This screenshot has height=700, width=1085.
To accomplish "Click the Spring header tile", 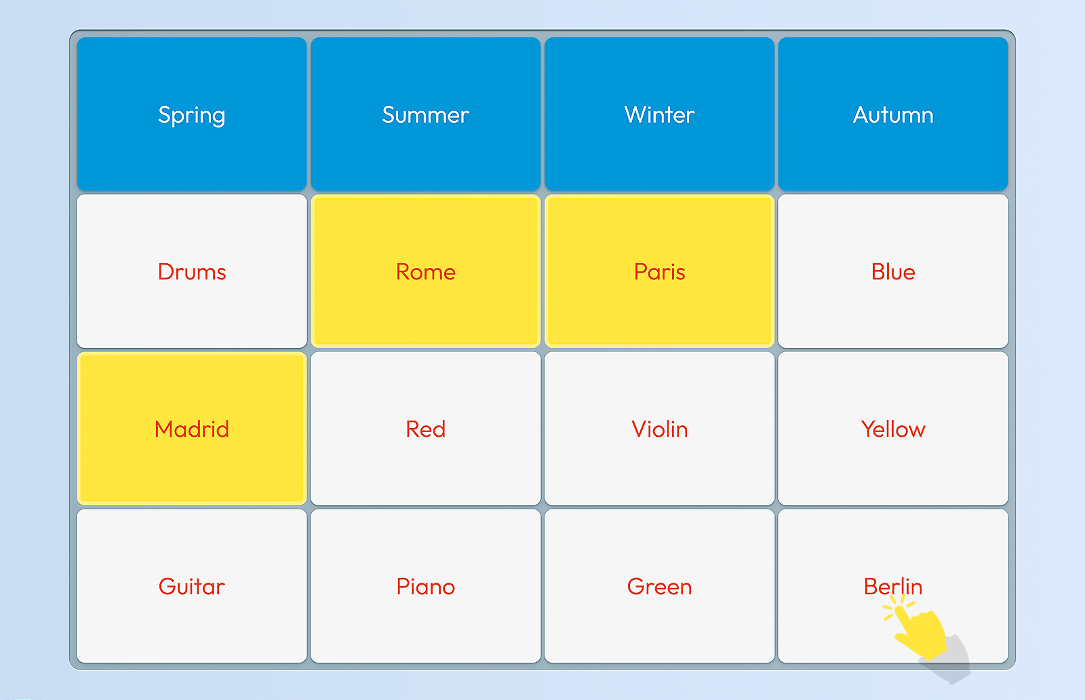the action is pos(192,114).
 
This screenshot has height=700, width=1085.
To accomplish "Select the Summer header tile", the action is pos(425,114).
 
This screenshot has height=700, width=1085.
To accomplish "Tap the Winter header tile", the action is pos(659,114).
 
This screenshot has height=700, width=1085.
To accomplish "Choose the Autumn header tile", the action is pos(893,114).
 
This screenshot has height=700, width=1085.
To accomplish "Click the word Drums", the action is pos(192,272).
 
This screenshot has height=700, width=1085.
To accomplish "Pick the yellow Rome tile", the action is pos(425,271).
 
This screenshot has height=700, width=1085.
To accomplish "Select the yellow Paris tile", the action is pos(659,271).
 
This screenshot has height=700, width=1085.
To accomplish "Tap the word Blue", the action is pos(893,272).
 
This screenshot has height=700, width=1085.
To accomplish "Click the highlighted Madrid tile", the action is pos(192,429).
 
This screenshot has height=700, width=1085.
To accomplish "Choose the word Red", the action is pos(425,429).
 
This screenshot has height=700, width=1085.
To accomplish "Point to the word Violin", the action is pos(659,429).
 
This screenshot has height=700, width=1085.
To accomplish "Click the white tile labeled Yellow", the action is pos(893,429).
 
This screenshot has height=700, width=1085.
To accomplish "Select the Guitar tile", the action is pos(192,585).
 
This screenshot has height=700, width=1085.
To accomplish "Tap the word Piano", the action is pos(425,587).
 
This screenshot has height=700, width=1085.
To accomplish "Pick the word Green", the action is pos(659,587).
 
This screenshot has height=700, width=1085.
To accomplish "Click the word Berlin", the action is pos(893,587).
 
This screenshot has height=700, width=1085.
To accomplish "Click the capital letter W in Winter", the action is pos(635,115).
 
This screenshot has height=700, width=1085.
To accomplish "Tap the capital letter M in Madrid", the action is pos(164,429).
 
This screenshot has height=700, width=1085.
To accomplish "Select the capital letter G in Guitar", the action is pos(167,587).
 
